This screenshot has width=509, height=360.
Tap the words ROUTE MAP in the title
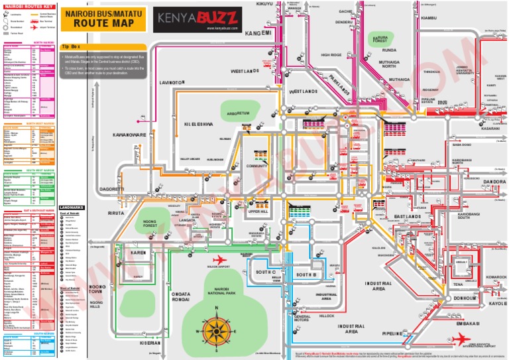pos(103,23)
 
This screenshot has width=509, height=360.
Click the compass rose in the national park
pos(215,330)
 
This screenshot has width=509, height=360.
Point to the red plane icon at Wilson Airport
pos(219,259)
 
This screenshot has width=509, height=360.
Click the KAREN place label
pos(138,253)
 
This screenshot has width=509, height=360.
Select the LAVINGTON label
pos(170,83)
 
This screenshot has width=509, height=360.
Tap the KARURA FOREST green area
pos(380,40)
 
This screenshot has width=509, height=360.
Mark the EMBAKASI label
pos(468,323)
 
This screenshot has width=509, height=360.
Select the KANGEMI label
pos(258,33)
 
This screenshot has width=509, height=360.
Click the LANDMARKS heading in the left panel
pos(72,207)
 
